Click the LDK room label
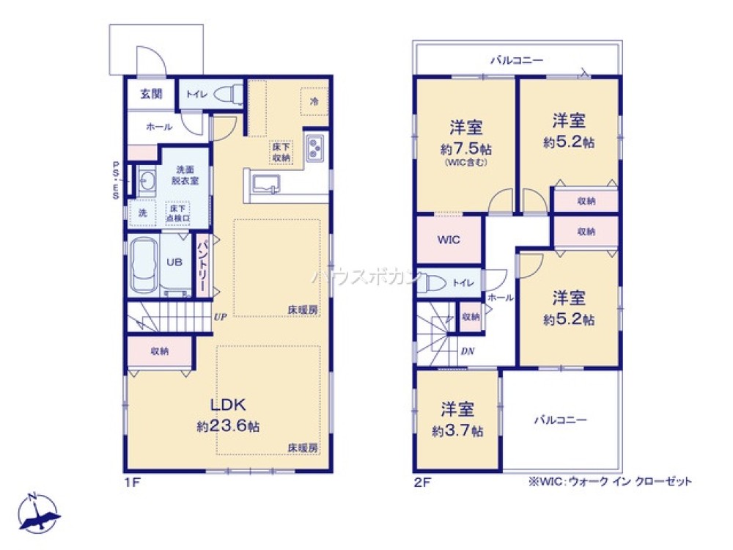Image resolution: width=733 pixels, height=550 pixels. [232, 405]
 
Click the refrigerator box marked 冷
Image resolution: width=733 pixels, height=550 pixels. [314, 101]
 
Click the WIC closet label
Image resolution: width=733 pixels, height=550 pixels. [448, 240]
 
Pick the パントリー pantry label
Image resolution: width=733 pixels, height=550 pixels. [202, 264]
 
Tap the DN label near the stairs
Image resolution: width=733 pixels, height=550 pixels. [468, 351]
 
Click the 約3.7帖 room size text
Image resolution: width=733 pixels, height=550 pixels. [458, 431]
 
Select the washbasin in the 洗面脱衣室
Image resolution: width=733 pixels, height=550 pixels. [145, 181]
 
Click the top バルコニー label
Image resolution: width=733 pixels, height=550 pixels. [517, 60]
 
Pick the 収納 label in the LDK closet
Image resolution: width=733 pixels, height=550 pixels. [160, 351]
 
